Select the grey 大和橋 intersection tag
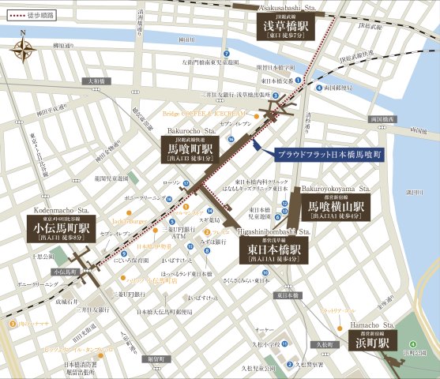95,81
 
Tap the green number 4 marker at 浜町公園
412,343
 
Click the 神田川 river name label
186,39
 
